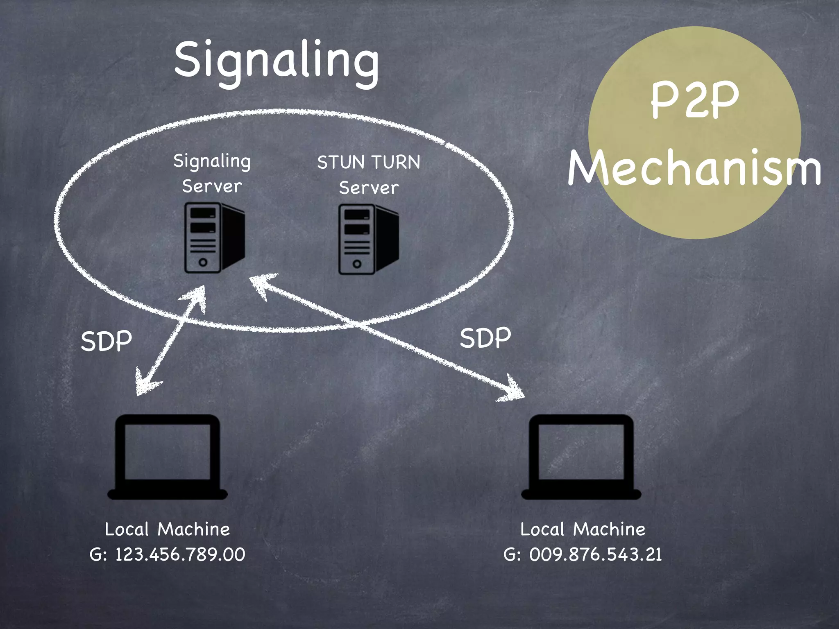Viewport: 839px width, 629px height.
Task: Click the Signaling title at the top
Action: coord(277,61)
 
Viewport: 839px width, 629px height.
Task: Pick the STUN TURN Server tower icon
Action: coord(368,239)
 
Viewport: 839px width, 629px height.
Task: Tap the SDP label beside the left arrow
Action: coord(106,341)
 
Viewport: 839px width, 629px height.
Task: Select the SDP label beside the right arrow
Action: coord(485,338)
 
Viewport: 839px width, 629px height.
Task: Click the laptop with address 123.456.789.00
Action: coord(168,457)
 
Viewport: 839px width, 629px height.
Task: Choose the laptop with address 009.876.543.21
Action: coord(581,457)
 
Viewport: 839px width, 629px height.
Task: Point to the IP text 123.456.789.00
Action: coord(180,554)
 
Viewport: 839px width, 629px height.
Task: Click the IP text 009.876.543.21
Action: coord(595,554)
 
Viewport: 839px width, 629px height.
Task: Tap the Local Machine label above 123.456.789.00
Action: coord(168,529)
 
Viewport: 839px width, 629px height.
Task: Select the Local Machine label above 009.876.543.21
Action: coord(583,529)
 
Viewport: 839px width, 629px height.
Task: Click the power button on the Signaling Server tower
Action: coord(203,262)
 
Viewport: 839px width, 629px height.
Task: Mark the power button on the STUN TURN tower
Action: coord(357,264)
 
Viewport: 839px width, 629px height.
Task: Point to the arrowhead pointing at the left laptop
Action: coord(145,385)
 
